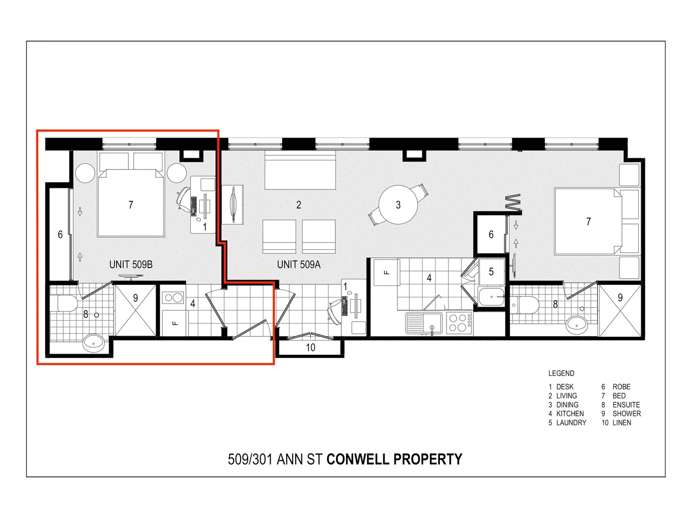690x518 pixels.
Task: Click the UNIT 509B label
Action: (131, 264)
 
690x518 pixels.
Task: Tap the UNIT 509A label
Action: (299, 264)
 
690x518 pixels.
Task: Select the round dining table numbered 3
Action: (398, 205)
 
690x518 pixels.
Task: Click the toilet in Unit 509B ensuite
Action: (67, 303)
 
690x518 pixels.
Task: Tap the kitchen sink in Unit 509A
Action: (424, 322)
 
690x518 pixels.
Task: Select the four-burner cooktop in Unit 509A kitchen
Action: (459, 322)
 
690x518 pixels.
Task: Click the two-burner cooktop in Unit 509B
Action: (173, 298)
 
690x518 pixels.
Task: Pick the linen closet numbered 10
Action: (310, 348)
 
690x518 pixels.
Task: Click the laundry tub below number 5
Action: (491, 296)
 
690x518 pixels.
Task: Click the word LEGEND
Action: (561, 373)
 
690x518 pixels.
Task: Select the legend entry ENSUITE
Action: (626, 405)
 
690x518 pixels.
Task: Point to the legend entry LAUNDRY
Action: (571, 423)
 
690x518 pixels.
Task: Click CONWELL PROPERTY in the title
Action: (394, 459)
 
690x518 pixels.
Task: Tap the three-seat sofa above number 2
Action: (300, 171)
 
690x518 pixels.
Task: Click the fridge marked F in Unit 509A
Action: (386, 272)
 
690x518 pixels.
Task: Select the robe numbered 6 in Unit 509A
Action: (490, 235)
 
